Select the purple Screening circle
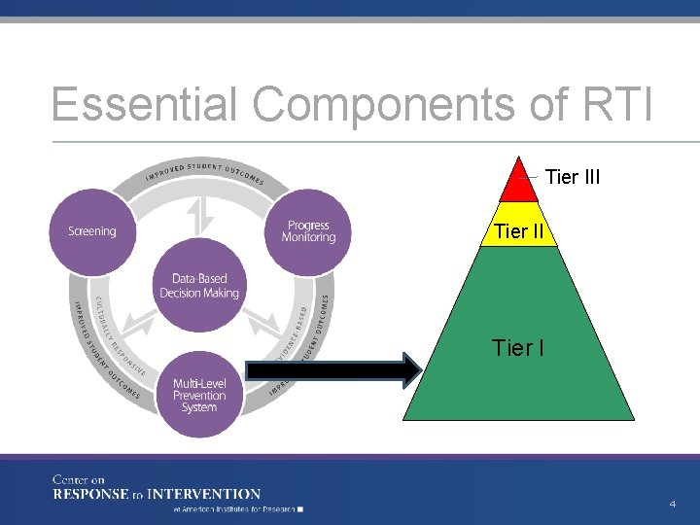pos(92,230)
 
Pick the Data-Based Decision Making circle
pos(199,286)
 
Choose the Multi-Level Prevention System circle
pos(199,394)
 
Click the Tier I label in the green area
pos(518,347)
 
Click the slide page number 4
pos(672,504)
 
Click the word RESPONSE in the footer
pos(92,494)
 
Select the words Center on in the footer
pos(79,479)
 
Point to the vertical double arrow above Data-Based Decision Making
pos(198,217)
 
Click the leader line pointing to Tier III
pos(530,177)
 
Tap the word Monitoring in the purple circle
pos(308,237)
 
